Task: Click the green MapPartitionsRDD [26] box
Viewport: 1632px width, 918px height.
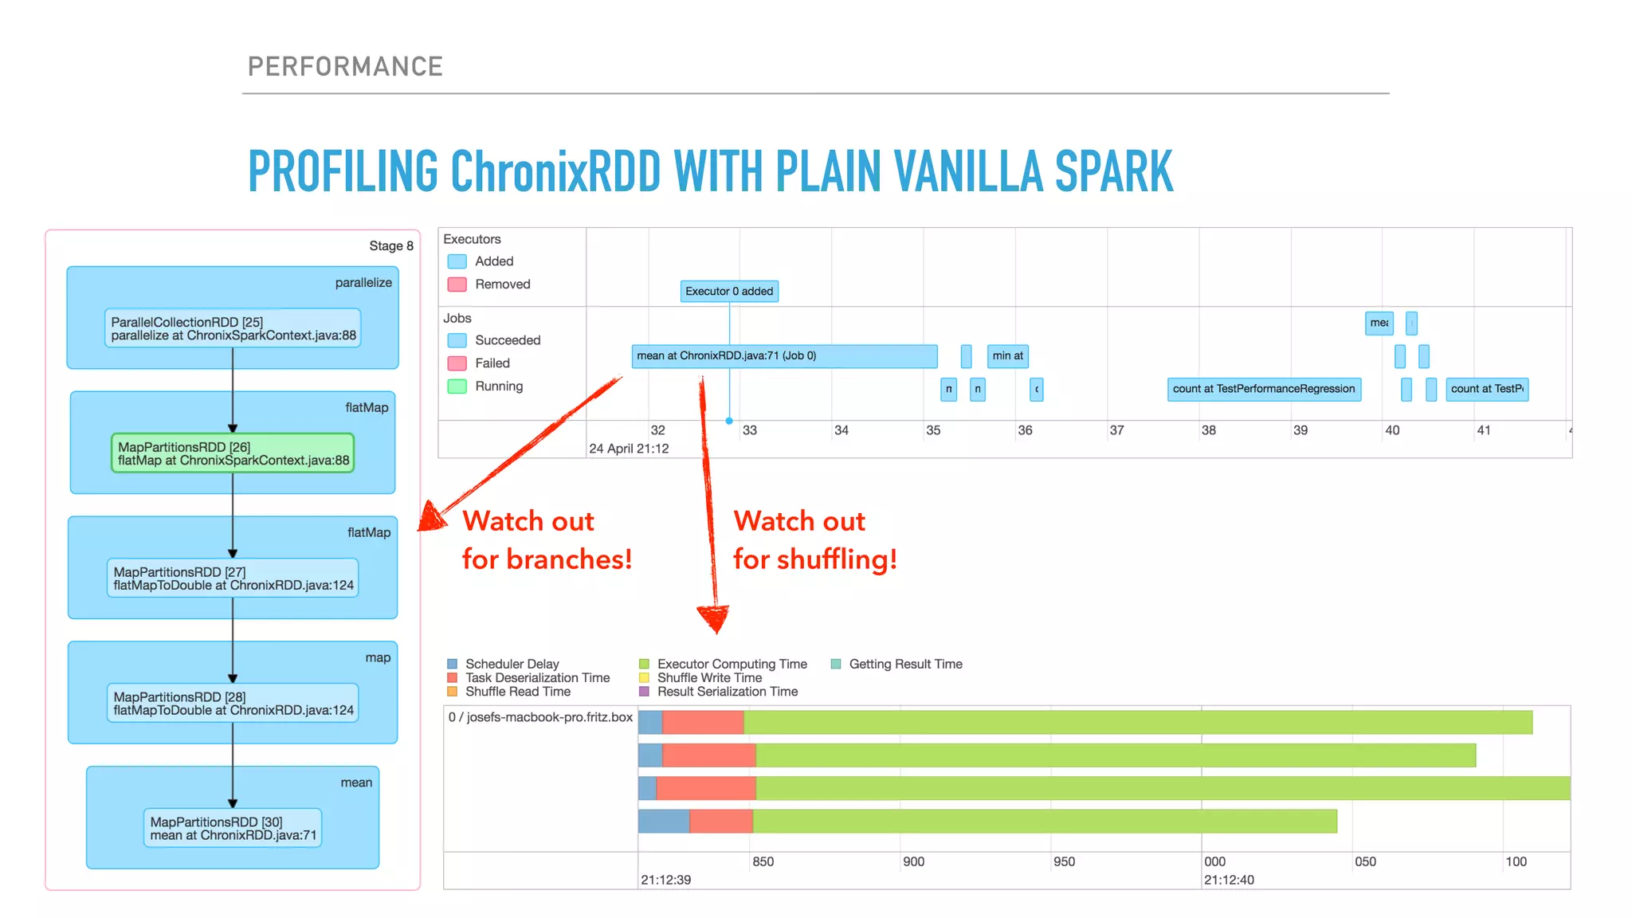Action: (232, 453)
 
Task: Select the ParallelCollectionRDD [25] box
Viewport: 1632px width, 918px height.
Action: (233, 328)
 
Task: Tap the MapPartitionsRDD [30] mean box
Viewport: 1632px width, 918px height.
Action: (233, 828)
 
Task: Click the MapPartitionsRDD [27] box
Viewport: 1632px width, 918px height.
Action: (233, 579)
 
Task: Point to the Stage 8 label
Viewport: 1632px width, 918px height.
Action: (390, 246)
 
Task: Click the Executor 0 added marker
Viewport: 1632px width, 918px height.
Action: (729, 292)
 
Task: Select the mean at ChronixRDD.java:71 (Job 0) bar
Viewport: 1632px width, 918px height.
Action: (784, 356)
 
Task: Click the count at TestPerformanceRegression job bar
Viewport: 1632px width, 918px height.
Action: (1263, 389)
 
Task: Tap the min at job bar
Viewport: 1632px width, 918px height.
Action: (1007, 356)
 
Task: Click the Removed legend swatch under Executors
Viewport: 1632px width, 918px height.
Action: (457, 284)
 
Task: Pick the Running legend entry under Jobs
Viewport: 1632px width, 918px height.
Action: (498, 386)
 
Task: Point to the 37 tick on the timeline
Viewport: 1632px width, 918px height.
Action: (1116, 430)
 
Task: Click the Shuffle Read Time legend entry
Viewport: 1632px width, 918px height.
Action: (517, 692)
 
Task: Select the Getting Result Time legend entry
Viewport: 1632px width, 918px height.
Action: (905, 664)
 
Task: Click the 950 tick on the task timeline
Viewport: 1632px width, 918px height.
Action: (1064, 861)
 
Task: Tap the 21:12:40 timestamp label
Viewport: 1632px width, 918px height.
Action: (1229, 880)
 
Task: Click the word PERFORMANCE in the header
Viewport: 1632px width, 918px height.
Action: (345, 67)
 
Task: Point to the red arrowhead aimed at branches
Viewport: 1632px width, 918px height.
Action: (432, 517)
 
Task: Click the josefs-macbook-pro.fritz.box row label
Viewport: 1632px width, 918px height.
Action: (540, 717)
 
